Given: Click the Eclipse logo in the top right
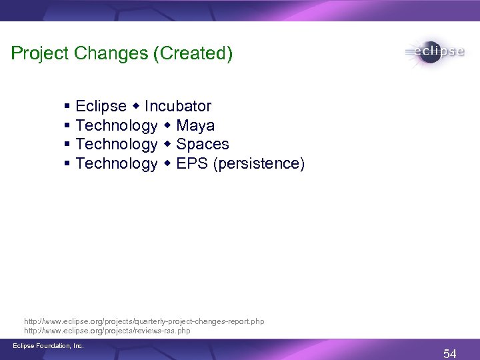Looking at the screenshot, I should click(x=433, y=53).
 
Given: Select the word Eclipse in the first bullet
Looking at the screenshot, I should click(x=101, y=106).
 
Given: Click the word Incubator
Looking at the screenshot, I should click(x=178, y=106).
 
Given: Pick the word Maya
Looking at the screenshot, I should click(x=195, y=125).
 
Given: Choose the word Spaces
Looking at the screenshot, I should click(x=203, y=144).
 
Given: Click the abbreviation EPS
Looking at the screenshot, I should click(x=193, y=163).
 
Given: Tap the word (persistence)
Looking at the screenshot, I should click(x=259, y=163).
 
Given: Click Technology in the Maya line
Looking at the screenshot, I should click(x=117, y=125).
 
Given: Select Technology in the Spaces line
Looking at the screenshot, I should click(x=117, y=144).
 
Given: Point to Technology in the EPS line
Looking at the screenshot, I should click(x=117, y=163).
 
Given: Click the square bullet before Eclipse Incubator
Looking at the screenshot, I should click(x=68, y=107).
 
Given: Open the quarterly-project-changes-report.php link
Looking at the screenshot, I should click(x=144, y=321).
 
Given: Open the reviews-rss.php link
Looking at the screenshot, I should click(x=107, y=330).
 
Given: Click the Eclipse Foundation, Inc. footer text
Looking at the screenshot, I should click(x=47, y=345).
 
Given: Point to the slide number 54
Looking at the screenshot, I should click(x=450, y=353).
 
